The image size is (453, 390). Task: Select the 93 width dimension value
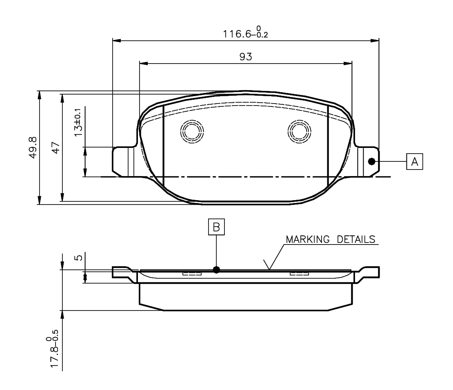(245, 57)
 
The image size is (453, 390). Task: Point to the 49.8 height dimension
(33, 147)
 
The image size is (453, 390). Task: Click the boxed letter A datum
(414, 162)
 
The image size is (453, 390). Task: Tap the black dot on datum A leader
(371, 161)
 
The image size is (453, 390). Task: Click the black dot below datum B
(216, 269)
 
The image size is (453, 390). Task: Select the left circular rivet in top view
(192, 131)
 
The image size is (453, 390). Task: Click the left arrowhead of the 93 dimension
(143, 63)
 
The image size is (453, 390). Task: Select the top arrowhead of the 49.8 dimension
(40, 94)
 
